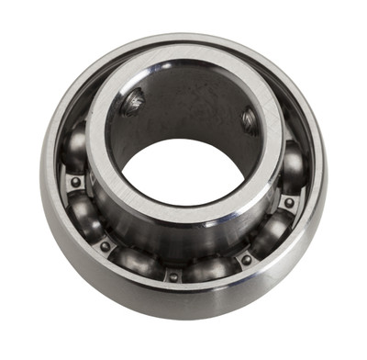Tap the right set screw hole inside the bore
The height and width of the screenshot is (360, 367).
click(249, 119)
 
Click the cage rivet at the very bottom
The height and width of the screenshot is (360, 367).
click(172, 275)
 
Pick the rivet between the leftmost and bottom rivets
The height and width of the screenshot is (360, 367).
click(105, 245)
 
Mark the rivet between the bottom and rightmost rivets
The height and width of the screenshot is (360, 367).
click(246, 260)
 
